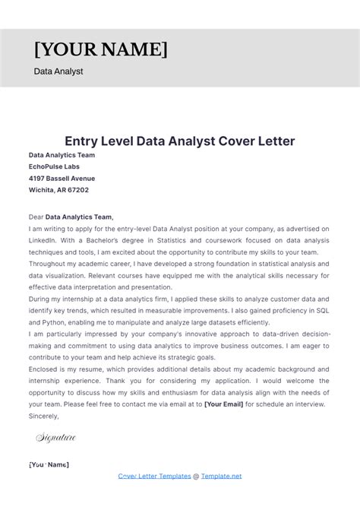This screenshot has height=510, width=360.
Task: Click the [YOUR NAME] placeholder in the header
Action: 100,50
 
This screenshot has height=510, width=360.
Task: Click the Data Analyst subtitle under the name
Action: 58,71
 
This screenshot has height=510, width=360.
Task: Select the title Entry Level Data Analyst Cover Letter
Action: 179,141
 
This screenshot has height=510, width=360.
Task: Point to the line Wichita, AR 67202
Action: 58,190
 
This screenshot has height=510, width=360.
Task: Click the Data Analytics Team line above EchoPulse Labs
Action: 62,155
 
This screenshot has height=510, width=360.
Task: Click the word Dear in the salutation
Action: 36,217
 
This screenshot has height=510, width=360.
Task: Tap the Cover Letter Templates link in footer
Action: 154,476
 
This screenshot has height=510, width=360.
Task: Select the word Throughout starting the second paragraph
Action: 51,263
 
